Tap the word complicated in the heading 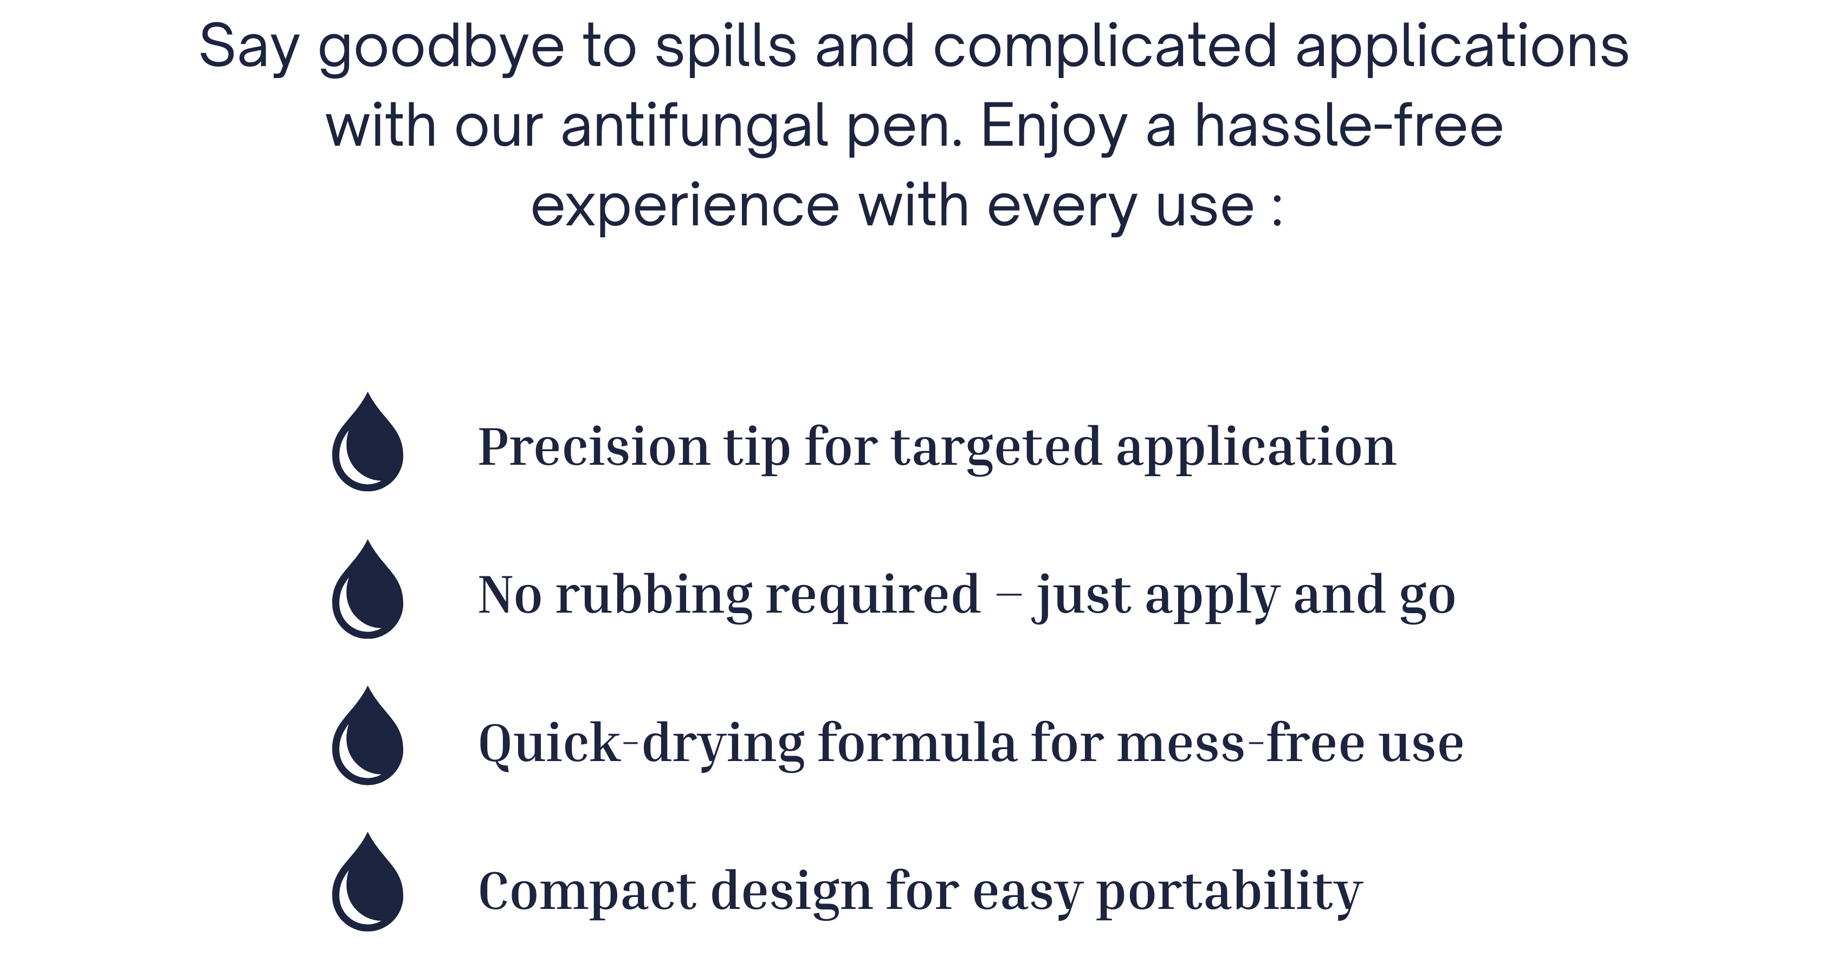click(1106, 48)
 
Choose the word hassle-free click(1349, 126)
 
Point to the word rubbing click(653, 595)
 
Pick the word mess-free click(1240, 742)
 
